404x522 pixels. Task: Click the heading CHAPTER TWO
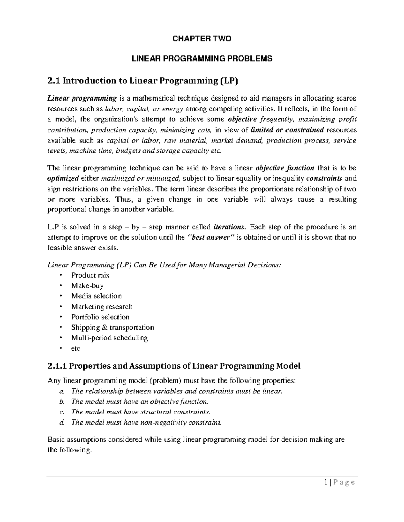tap(202, 39)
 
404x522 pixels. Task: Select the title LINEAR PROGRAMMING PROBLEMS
tap(202, 58)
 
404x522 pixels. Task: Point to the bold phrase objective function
tap(285, 168)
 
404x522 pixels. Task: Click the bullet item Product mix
tap(90, 275)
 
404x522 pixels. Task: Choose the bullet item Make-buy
tap(87, 286)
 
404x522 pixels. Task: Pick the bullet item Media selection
tap(96, 296)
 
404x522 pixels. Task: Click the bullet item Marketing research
tap(102, 307)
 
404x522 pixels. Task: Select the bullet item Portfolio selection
tap(100, 317)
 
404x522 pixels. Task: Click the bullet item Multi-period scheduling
tap(109, 338)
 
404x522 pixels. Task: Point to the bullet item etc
tap(76, 349)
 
